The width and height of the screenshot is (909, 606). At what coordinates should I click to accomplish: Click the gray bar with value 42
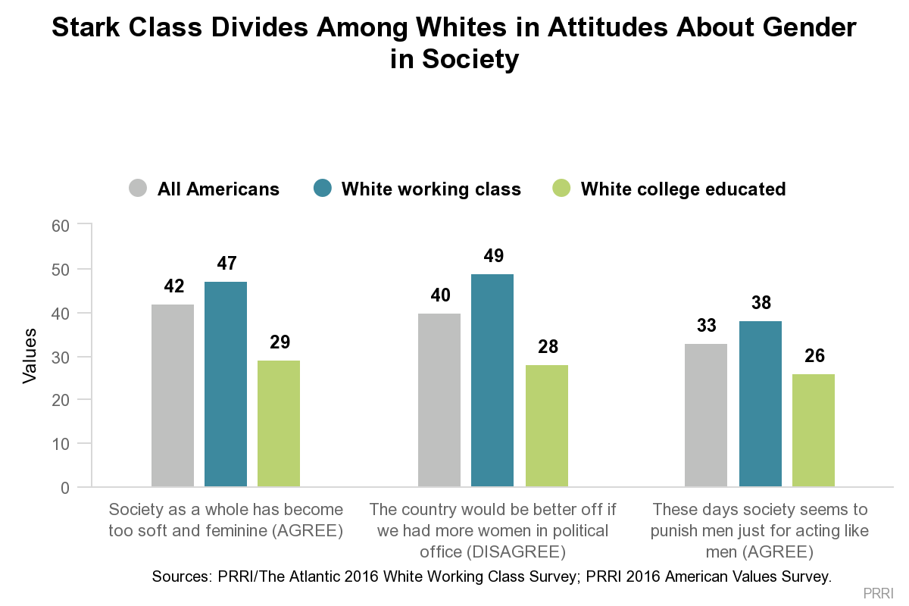coord(173,395)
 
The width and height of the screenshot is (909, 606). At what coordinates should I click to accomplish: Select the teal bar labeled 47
coord(226,383)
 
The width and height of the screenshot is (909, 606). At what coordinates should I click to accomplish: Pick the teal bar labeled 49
coord(492,380)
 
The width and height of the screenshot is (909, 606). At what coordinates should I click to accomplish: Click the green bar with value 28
coord(547,425)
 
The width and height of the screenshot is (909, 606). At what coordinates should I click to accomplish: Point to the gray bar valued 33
coord(706,414)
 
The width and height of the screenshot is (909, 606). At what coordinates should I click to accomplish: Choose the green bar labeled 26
coord(814,430)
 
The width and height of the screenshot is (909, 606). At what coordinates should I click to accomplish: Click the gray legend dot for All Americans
coord(138,189)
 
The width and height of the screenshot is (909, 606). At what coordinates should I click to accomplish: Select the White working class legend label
coord(431,189)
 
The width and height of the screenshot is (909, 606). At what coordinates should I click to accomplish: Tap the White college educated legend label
coord(683,189)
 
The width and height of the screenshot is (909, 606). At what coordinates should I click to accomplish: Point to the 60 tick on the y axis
coord(61,226)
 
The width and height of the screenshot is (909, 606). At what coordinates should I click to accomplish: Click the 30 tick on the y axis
coord(61,357)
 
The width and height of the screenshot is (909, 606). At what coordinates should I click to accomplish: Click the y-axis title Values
coord(30,355)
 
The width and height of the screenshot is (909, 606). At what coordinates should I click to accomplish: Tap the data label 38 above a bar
coord(760,303)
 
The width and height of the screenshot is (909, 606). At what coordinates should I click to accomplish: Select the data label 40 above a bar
coord(439,295)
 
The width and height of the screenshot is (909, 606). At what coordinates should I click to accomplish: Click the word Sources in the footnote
coord(179,576)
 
